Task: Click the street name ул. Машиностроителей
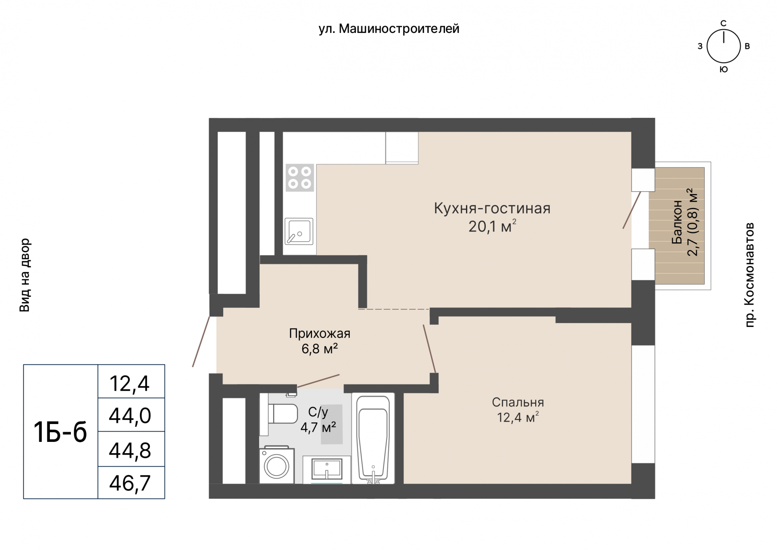click(x=389, y=29)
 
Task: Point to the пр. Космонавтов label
click(x=750, y=275)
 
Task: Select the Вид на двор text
click(x=25, y=275)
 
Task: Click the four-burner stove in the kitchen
click(x=300, y=177)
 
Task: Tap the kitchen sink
click(x=299, y=231)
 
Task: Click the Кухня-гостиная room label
click(x=492, y=208)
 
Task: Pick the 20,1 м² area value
click(x=492, y=226)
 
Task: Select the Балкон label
click(x=677, y=222)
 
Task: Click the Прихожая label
click(x=320, y=334)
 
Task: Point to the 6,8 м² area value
click(x=320, y=349)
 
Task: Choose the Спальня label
click(x=518, y=402)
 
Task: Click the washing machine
click(x=277, y=465)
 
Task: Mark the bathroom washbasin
click(x=327, y=470)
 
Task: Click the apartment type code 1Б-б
click(x=60, y=432)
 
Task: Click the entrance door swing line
click(x=201, y=341)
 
